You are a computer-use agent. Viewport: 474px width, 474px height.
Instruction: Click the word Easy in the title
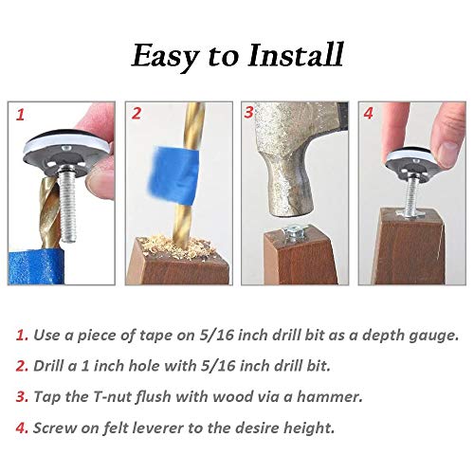coord(171,55)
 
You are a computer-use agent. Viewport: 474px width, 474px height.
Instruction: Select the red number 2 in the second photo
coord(137,115)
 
